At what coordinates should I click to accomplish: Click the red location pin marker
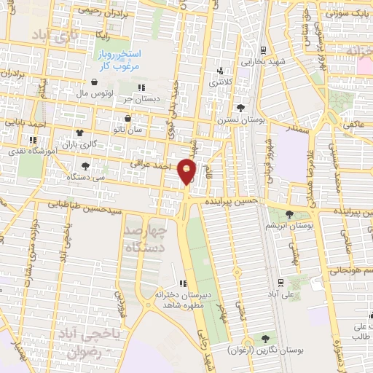coord(187,171)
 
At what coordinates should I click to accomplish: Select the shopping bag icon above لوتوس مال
coord(96,82)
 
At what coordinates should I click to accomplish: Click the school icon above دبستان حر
coord(152,87)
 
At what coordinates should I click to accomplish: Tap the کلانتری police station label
coord(223,83)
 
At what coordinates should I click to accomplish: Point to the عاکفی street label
coord(354,125)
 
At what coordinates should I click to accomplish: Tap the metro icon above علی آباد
coord(280,282)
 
